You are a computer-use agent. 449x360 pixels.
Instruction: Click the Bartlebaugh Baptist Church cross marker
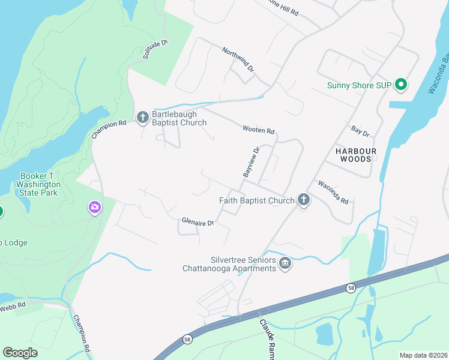click(143, 117)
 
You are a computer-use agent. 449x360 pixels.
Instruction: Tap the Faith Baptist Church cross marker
click(304, 200)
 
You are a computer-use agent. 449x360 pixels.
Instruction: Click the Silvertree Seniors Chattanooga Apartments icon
click(285, 263)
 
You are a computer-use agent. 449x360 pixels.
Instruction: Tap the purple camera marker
click(94, 208)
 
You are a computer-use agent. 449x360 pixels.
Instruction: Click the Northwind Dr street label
click(238, 59)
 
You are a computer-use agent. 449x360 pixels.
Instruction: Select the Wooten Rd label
click(258, 130)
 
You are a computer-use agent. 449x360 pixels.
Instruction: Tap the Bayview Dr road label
click(250, 162)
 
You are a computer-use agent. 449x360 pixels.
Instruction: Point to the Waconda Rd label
click(333, 192)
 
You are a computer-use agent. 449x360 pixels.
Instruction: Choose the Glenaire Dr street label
click(197, 223)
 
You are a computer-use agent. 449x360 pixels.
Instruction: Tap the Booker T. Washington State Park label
click(38, 184)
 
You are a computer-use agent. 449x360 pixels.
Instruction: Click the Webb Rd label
click(12, 305)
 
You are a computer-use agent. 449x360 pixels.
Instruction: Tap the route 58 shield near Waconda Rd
click(350, 288)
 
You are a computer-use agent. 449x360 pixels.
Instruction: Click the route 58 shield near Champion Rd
click(188, 338)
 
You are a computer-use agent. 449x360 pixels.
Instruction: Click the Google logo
click(20, 353)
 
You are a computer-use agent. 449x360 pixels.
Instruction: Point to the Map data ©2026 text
click(423, 355)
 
